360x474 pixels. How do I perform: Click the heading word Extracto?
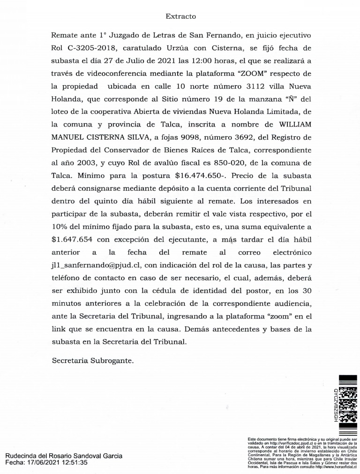pos(180,16)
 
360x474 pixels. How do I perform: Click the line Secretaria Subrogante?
pos(93,361)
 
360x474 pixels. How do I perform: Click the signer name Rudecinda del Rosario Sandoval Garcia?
pos(64,456)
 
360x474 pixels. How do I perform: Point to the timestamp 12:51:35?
pos(76,463)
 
